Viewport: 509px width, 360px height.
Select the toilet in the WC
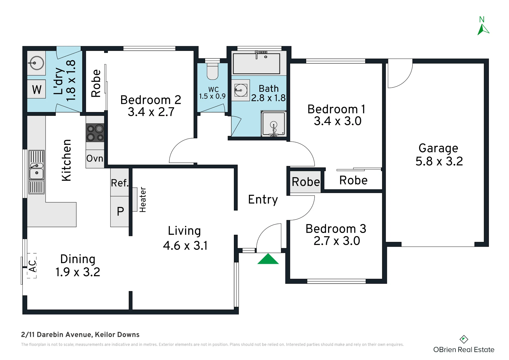213,71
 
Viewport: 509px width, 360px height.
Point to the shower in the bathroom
274,123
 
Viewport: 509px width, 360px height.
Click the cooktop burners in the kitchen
95,133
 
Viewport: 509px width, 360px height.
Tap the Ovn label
95,158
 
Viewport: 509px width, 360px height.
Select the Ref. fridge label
120,183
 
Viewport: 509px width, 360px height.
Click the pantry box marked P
120,211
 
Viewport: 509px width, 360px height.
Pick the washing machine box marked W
36,89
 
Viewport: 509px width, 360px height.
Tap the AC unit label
32,266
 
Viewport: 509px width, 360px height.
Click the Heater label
143,200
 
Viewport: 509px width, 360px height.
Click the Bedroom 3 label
336,229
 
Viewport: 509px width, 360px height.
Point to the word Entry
263,200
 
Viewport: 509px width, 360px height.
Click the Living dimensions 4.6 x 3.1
185,246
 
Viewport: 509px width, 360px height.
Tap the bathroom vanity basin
241,90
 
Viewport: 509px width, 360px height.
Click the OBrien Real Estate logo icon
464,339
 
